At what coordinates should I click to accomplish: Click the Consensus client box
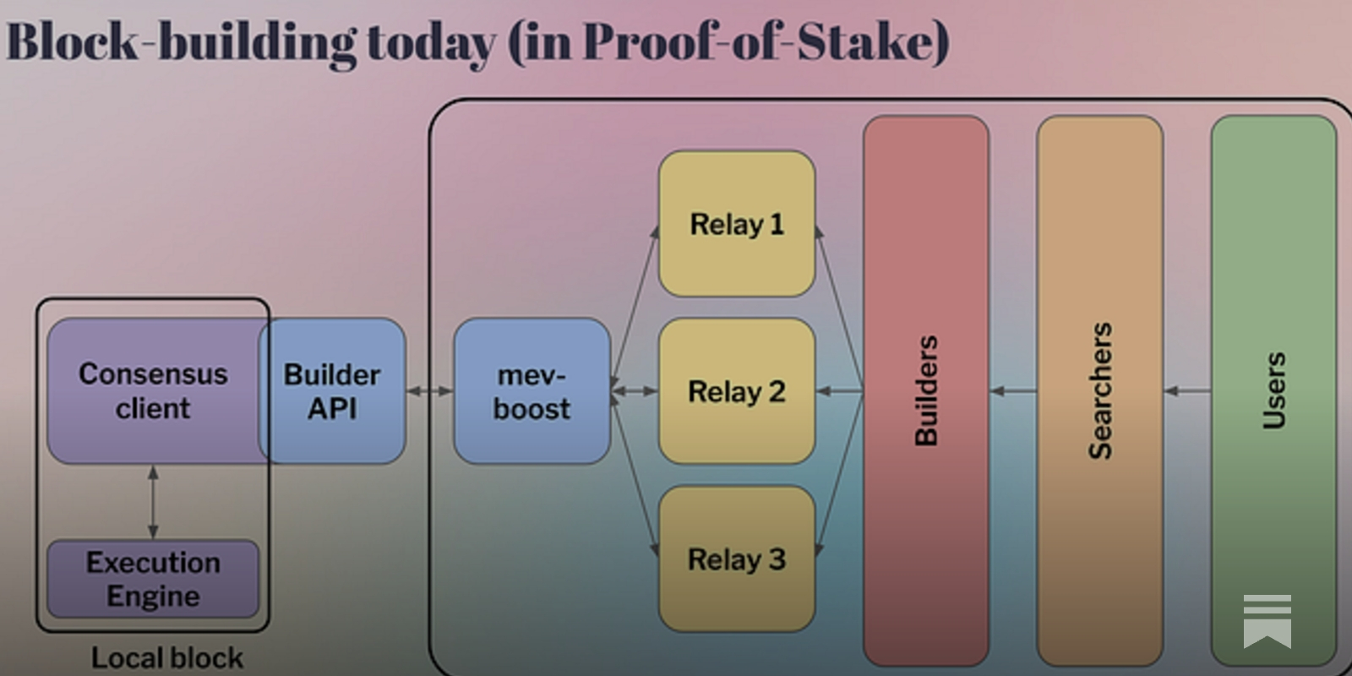coord(153,390)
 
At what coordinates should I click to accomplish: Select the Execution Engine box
coord(153,579)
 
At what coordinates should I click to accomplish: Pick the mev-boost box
coord(532,390)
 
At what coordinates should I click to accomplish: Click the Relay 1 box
coord(736,224)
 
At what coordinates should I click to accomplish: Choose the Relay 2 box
coord(736,391)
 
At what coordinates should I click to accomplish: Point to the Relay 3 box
coord(736,559)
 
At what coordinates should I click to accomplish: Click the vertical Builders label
coord(926,390)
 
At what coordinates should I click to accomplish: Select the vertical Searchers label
coord(1099,390)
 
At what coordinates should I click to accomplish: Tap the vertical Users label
coord(1273,390)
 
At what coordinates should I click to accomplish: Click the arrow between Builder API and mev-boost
coord(429,390)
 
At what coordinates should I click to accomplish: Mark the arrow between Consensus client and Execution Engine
coord(153,502)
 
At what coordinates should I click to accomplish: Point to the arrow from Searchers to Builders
coord(1013,390)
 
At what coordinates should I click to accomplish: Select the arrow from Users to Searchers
coord(1186,390)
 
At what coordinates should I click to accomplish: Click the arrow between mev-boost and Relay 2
coord(634,390)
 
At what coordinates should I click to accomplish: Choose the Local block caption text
coord(167,657)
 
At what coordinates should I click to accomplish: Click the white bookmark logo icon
coord(1267,620)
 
